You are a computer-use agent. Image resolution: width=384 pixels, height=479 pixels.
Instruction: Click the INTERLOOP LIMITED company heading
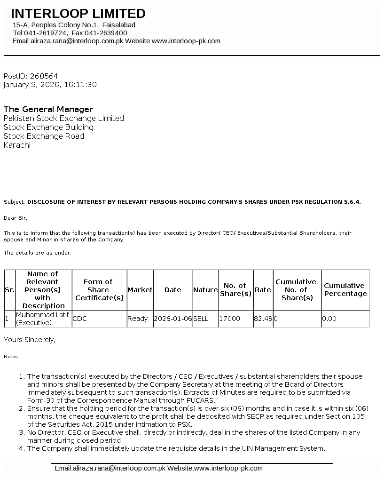click(x=78, y=14)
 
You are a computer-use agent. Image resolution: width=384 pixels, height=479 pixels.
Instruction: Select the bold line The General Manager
click(x=48, y=109)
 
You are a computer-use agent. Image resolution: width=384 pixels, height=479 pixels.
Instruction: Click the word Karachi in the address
click(x=17, y=145)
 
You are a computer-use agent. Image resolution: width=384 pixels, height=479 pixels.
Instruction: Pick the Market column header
click(x=140, y=290)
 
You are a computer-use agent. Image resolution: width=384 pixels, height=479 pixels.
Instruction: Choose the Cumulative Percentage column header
click(x=345, y=289)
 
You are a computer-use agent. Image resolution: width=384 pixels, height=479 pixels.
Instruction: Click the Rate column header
click(x=263, y=290)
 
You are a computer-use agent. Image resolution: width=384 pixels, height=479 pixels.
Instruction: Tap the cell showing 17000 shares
click(x=230, y=319)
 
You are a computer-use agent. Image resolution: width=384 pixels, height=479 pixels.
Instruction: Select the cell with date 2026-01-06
click(x=172, y=319)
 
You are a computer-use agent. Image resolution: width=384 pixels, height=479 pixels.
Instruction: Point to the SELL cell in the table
click(x=201, y=319)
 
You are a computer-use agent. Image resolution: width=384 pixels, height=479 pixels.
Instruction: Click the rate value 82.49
click(x=263, y=319)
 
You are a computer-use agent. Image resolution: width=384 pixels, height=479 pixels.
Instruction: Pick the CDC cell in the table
click(x=80, y=319)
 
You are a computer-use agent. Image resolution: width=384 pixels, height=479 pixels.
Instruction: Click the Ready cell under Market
click(x=137, y=319)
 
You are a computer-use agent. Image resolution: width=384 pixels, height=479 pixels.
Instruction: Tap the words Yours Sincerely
click(x=30, y=339)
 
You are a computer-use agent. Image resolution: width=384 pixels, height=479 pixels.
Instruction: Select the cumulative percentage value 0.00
click(x=329, y=319)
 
